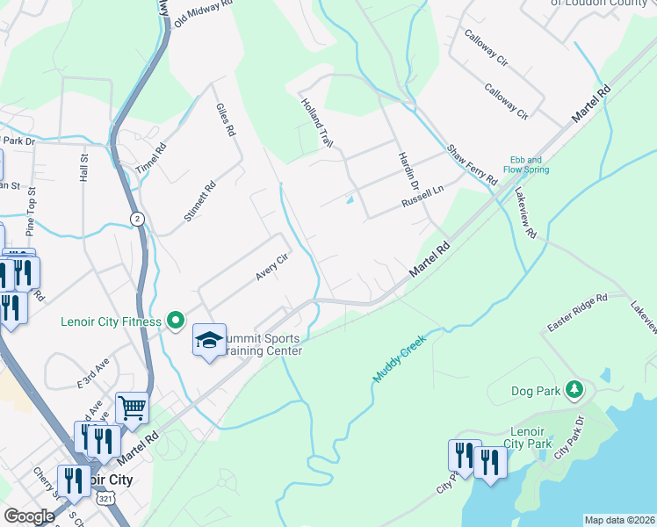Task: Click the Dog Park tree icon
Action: [574, 389]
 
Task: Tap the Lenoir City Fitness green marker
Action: [176, 321]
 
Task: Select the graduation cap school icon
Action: [210, 341]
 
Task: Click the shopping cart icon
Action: [131, 407]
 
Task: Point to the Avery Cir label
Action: [272, 267]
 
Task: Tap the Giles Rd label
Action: [226, 119]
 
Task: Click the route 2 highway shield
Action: [137, 218]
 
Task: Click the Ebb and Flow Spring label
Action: [526, 164]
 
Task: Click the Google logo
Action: [29, 516]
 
